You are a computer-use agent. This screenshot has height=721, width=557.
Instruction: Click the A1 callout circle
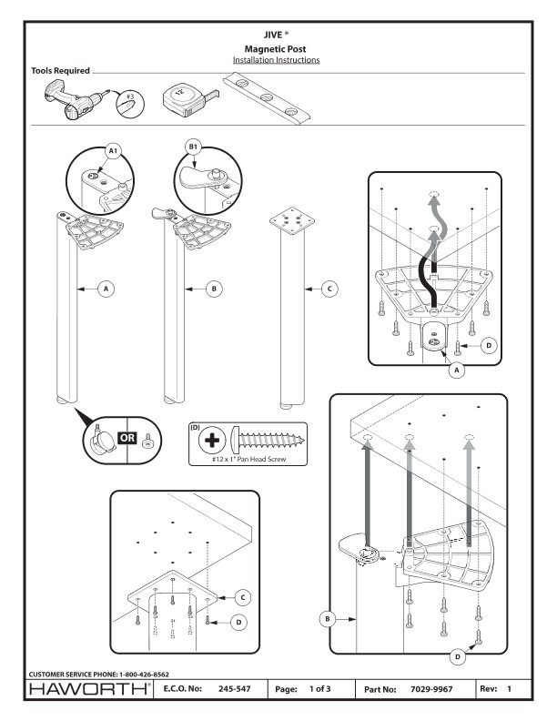point(113,150)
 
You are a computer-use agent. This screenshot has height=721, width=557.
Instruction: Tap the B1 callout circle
point(193,147)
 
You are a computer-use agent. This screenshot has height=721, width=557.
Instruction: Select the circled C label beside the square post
point(329,289)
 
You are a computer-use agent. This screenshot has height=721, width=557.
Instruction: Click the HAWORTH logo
point(89,689)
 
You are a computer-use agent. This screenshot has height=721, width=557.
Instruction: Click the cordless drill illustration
point(76,99)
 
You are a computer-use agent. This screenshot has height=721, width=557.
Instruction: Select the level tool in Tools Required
point(266,99)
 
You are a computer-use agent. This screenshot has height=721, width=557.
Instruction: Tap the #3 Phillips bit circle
point(130,103)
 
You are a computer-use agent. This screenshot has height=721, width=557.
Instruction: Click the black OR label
point(127,438)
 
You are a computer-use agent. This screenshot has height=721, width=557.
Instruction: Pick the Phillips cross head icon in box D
point(212,441)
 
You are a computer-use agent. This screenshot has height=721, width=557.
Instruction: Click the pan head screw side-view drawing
point(268,440)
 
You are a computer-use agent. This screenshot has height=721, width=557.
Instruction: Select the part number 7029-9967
point(431,689)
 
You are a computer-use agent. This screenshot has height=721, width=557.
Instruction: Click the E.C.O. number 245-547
point(235,689)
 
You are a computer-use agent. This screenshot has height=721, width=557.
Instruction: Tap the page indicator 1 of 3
point(319,689)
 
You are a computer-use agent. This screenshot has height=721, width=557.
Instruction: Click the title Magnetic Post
point(275,49)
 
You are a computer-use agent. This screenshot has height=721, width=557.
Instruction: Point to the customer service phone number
point(144,675)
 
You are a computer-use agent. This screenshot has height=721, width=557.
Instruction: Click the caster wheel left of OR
point(103,440)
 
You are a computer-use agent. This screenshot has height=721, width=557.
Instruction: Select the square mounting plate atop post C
point(292,218)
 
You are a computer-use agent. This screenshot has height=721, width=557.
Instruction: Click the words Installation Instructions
point(276,60)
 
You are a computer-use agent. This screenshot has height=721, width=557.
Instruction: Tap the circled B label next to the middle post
point(214,289)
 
